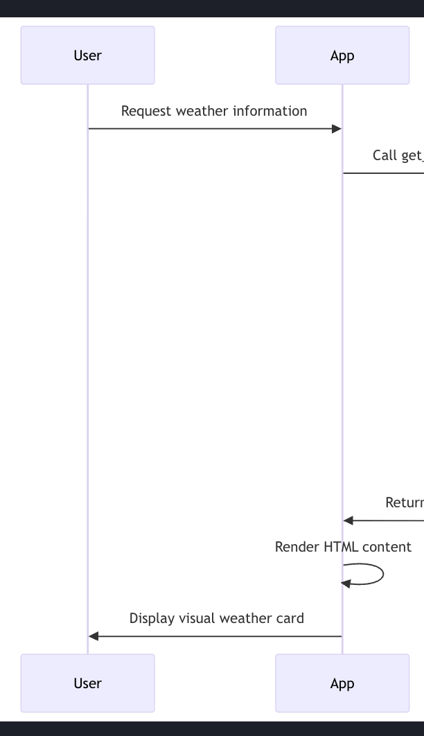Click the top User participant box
click(x=87, y=55)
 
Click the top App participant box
click(x=342, y=55)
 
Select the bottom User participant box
click(x=87, y=683)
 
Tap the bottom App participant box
click(x=342, y=683)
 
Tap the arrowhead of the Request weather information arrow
click(x=337, y=129)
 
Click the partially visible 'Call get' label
click(x=397, y=155)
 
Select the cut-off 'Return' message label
click(x=405, y=502)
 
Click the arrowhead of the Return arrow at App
click(x=348, y=520)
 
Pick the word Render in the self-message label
click(x=297, y=547)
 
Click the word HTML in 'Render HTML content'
click(x=341, y=547)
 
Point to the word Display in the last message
click(x=152, y=618)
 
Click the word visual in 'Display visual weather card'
click(x=196, y=618)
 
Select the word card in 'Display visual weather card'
click(x=290, y=618)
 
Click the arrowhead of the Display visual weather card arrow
click(x=94, y=636)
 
